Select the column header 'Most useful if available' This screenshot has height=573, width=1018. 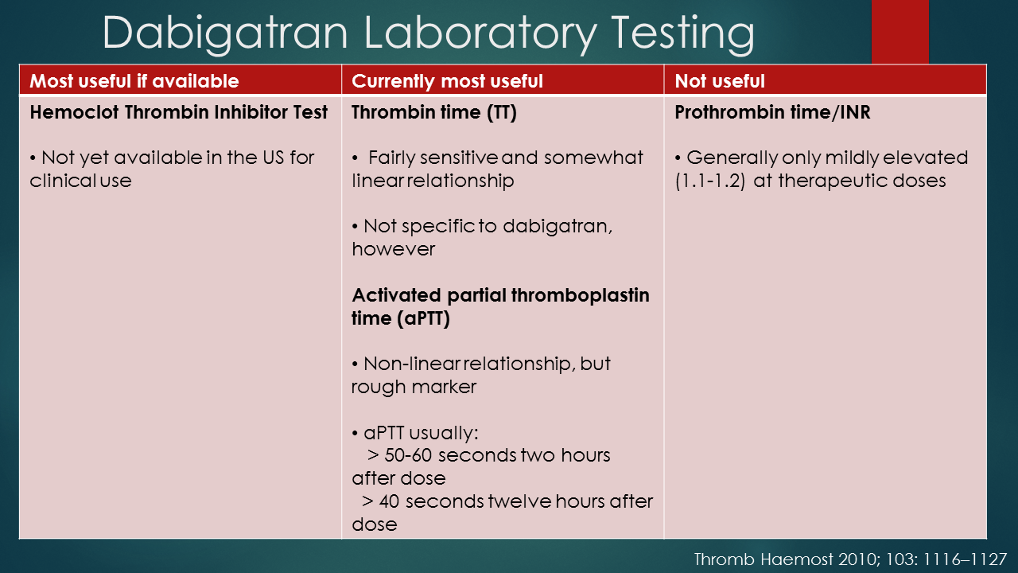pyautogui.click(x=134, y=81)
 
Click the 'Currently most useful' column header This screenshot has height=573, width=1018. pyautogui.click(x=447, y=81)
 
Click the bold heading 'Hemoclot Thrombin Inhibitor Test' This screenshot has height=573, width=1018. pyautogui.click(x=178, y=112)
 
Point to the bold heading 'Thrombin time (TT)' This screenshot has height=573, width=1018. pyautogui.click(x=433, y=112)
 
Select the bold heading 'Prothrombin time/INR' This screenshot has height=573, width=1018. pyautogui.click(x=771, y=112)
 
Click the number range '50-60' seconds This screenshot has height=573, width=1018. pyautogui.click(x=409, y=455)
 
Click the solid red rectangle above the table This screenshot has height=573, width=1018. pyautogui.click(x=899, y=32)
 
